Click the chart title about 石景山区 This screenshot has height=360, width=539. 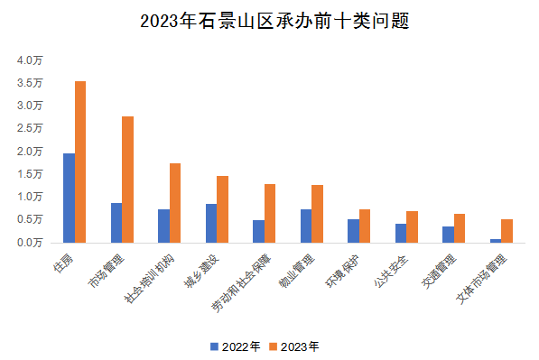click(269, 20)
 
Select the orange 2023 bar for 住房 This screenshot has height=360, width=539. click(80, 162)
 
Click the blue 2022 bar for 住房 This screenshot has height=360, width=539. click(69, 198)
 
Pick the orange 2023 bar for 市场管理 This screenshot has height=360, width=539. click(127, 180)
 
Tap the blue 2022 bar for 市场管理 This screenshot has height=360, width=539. click(116, 223)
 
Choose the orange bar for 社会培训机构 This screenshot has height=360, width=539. click(175, 203)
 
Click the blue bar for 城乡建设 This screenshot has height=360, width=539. click(211, 223)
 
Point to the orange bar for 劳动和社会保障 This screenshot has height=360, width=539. click(270, 213)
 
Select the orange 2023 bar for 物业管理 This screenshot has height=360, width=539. click(317, 214)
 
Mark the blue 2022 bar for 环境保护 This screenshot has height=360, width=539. click(353, 231)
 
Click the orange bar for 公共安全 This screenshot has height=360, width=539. click(412, 226)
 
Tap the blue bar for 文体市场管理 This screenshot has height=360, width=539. click(496, 240)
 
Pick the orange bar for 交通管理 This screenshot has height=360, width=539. click(460, 228)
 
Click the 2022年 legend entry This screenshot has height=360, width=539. click(236, 346)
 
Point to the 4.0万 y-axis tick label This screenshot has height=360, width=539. click(30, 60)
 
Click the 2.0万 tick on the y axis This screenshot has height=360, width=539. click(30, 152)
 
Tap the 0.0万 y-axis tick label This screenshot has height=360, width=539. click(30, 242)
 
